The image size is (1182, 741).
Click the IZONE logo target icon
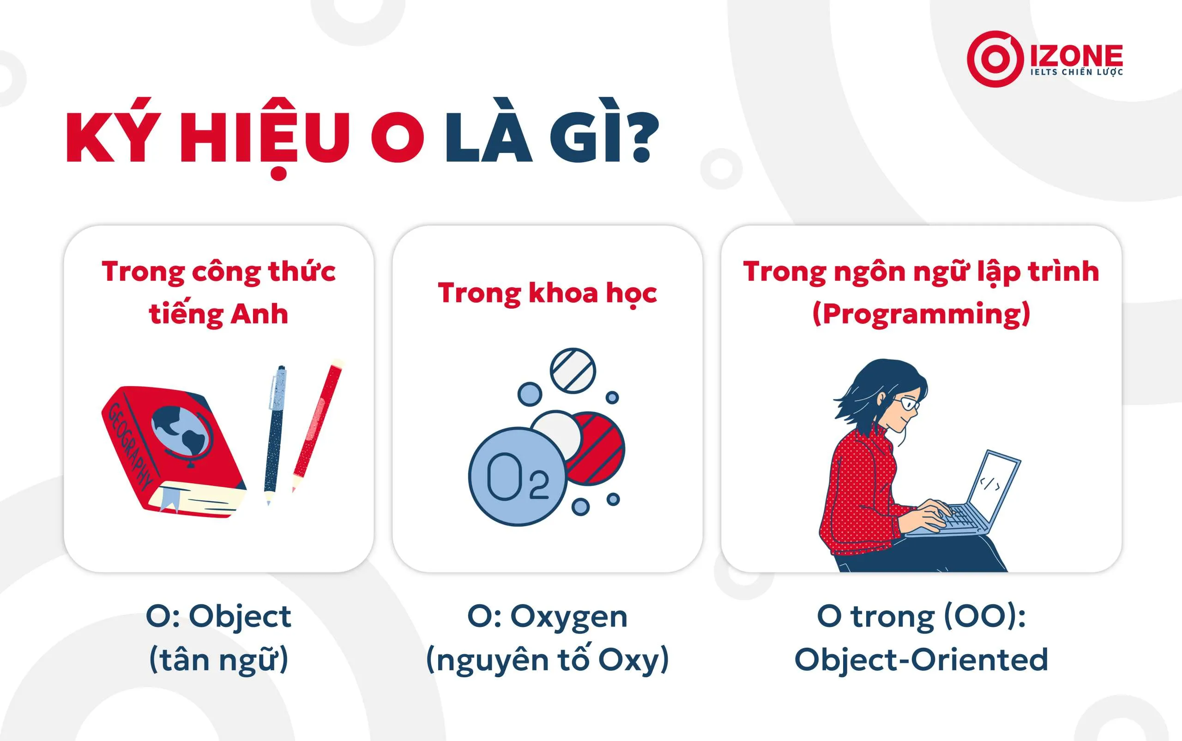click(995, 59)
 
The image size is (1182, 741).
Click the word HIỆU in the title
click(265, 137)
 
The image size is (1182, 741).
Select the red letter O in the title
click(397, 138)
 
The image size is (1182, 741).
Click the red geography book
click(171, 451)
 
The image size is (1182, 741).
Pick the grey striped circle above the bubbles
click(573, 370)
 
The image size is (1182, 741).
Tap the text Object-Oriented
click(921, 659)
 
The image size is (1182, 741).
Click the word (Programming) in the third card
click(921, 314)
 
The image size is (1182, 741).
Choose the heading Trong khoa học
click(547, 293)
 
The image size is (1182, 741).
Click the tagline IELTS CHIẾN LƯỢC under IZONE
click(1076, 73)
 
